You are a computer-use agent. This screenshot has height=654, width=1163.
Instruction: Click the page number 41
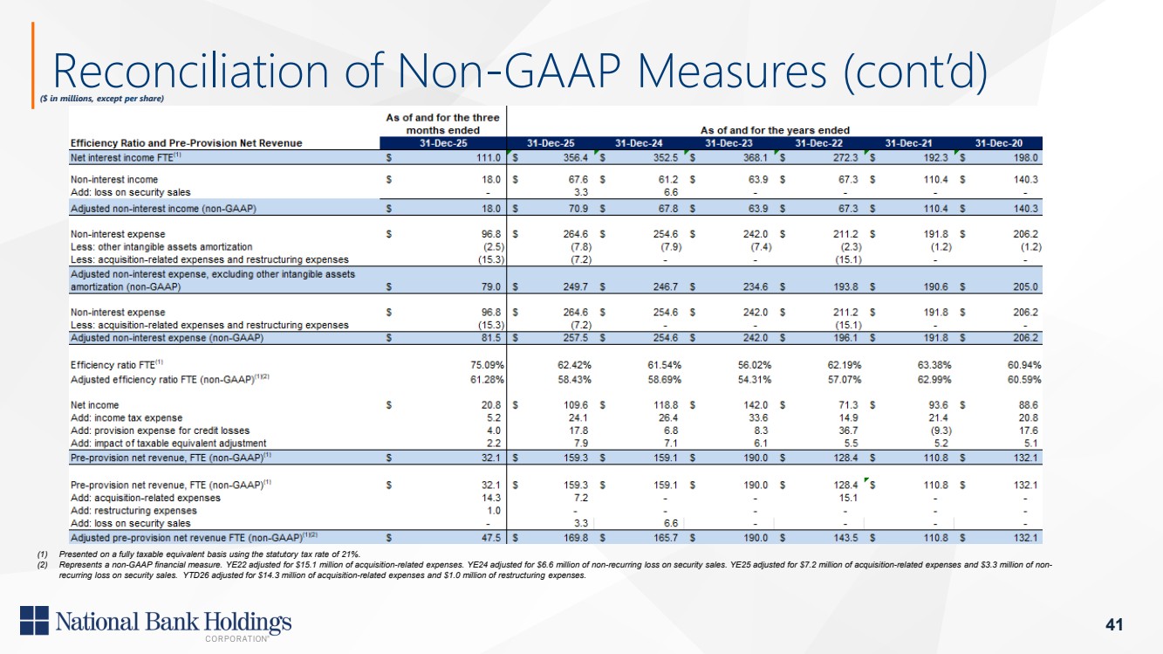point(1114,623)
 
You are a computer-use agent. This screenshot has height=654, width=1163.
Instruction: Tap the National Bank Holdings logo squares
point(34,620)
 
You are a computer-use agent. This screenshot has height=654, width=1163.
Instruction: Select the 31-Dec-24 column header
point(639,143)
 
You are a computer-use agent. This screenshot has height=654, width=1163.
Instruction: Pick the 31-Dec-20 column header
point(998,143)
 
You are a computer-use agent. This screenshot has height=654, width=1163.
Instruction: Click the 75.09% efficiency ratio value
point(487,365)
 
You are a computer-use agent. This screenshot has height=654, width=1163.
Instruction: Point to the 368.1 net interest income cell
point(755,157)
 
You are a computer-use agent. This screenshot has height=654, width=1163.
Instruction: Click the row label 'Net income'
point(94,404)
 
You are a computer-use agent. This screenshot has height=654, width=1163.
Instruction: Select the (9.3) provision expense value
point(940,430)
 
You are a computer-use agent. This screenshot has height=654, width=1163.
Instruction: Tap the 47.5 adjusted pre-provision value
point(490,538)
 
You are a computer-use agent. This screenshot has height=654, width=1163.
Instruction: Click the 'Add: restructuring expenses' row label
point(133,511)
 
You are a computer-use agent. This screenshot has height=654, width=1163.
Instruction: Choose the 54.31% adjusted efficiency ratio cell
point(755,380)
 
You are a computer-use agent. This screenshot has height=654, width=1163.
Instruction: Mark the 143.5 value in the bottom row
point(845,538)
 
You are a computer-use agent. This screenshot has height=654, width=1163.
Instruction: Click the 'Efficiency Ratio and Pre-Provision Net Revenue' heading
point(187,143)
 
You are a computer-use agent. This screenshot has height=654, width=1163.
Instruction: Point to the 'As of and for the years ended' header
point(775,130)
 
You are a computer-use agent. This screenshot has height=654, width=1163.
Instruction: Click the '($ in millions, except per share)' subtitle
point(102,98)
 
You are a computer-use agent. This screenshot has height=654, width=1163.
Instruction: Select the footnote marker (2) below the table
point(42,565)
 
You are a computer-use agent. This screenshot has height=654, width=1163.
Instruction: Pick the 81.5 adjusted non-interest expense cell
point(490,338)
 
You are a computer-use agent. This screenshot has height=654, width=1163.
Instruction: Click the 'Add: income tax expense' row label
point(127,417)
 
